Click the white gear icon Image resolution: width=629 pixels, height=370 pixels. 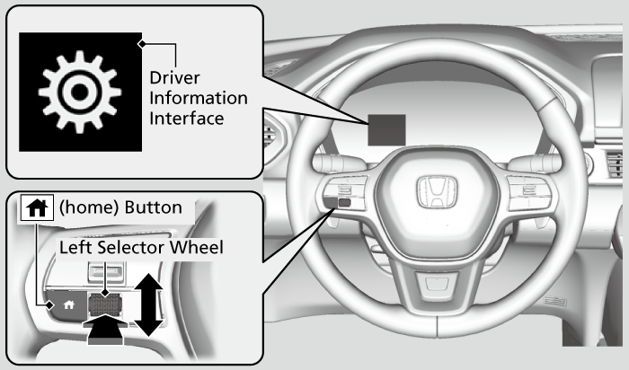tap(80, 92)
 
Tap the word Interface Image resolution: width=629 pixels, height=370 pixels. tap(187, 118)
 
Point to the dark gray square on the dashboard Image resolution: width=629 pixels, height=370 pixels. tap(385, 130)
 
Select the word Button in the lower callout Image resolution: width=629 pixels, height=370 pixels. tap(155, 207)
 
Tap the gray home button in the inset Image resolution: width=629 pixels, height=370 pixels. tap(66, 304)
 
